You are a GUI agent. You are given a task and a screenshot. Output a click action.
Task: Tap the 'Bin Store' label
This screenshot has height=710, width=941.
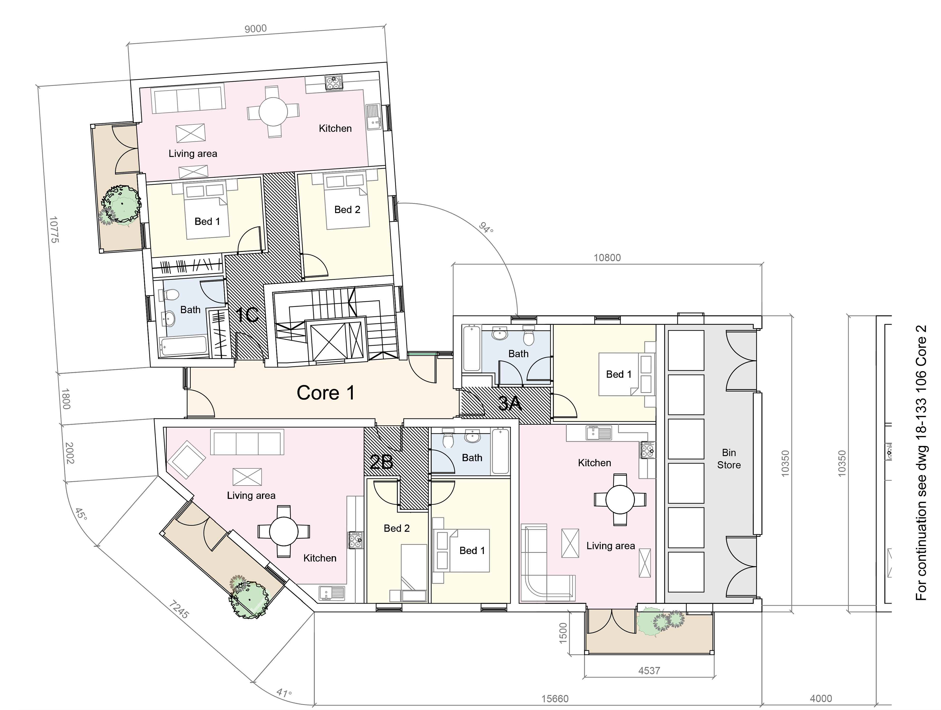(x=729, y=459)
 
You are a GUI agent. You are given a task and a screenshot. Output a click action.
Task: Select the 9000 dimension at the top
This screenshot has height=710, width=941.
(x=256, y=28)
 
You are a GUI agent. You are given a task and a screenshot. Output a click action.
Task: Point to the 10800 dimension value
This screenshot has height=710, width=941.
(x=607, y=258)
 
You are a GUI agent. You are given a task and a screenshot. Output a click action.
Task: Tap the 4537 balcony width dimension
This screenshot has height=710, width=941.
(x=649, y=671)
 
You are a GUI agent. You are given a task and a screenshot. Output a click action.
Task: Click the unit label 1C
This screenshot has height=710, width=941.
(x=247, y=315)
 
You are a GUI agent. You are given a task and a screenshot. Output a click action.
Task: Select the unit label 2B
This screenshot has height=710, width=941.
(x=381, y=462)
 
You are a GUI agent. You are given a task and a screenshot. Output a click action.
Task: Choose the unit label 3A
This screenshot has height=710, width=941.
(x=510, y=403)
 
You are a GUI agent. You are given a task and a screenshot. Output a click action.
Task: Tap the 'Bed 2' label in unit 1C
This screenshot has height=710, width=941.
(x=347, y=210)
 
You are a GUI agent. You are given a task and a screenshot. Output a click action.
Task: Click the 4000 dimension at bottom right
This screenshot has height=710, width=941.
(x=821, y=698)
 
